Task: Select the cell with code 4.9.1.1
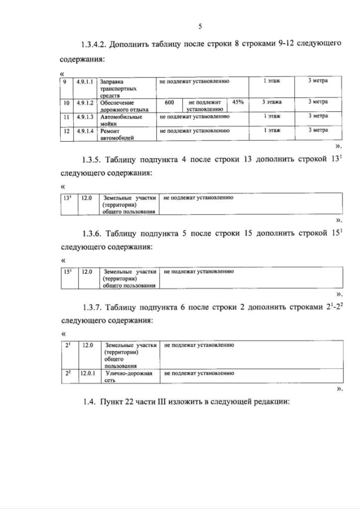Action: [x=87, y=82]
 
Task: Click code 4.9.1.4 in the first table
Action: [x=87, y=130]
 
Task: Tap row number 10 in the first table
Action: [x=66, y=103]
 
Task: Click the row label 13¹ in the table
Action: [x=67, y=198]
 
